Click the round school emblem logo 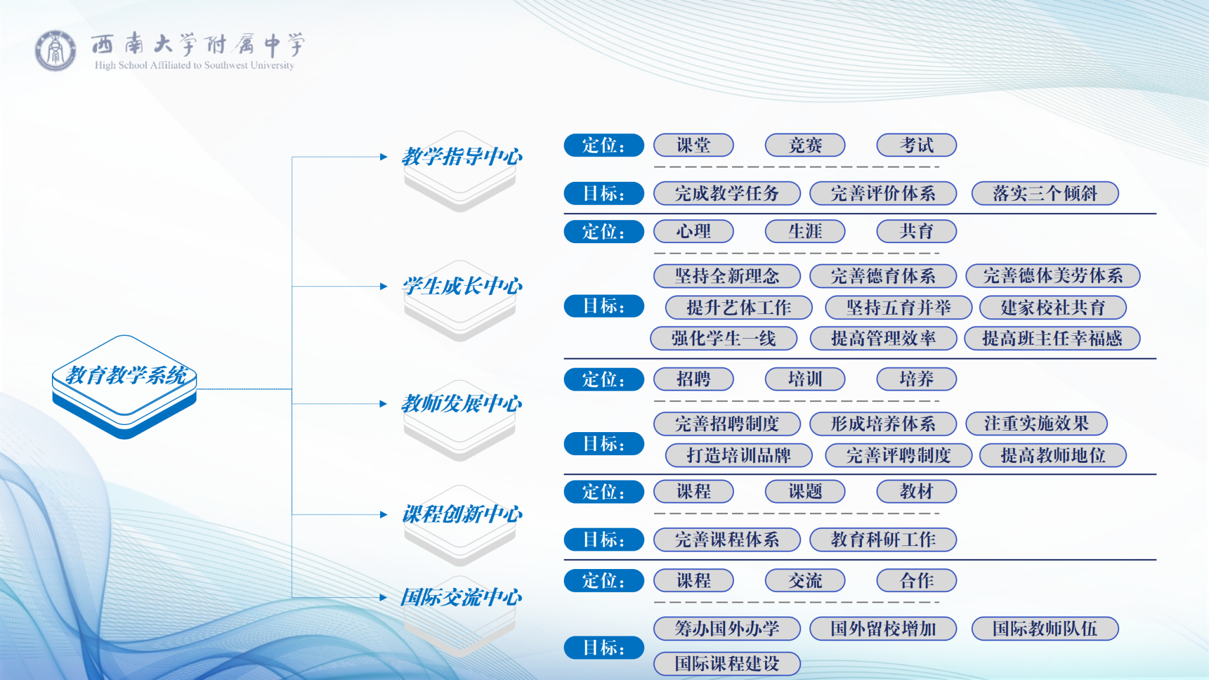55,51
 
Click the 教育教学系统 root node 125,387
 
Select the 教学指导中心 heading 462,157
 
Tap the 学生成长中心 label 462,286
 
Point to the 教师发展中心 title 462,404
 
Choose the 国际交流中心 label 461,597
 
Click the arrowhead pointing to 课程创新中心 384,515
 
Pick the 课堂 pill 694,145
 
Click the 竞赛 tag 805,145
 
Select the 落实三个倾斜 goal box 1045,193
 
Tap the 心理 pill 694,231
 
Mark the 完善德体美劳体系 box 1053,276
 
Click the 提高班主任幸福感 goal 1052,338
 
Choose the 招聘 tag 694,379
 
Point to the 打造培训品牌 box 739,455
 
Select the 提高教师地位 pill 1053,455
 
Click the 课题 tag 805,491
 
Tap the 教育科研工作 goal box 883,540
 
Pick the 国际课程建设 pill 727,663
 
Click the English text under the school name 194,65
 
